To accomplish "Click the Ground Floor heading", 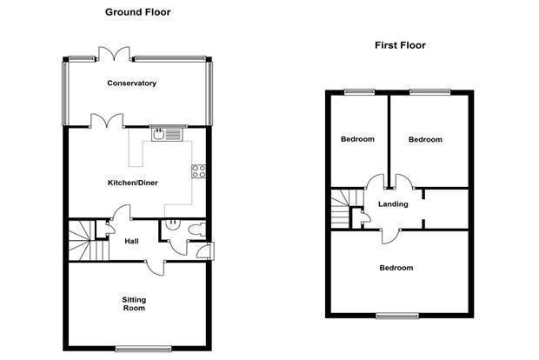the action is click(138, 12).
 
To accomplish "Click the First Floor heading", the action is click(400, 45).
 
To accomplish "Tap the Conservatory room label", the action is click(131, 83).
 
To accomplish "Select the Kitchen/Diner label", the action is click(133, 183).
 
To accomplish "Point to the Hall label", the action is click(131, 242).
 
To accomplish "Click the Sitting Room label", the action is click(134, 304).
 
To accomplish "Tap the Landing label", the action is click(393, 204).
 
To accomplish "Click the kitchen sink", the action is click(167, 135).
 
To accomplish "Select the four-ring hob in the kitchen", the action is click(199, 171).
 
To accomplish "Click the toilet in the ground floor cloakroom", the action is click(197, 230).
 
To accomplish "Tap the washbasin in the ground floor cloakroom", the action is click(172, 224).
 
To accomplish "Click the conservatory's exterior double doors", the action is click(114, 54).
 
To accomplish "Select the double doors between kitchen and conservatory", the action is click(107, 121).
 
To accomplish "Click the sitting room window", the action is click(143, 350).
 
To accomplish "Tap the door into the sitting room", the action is click(156, 268).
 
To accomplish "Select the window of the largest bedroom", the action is click(397, 317).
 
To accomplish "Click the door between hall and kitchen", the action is click(122, 212).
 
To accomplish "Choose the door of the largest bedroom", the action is click(390, 237).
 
